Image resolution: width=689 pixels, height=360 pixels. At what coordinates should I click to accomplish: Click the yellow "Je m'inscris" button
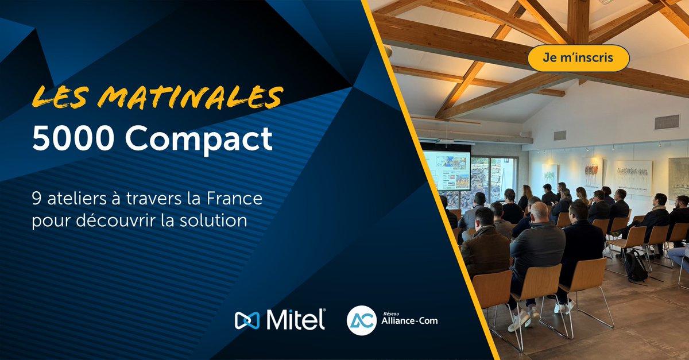(578, 58)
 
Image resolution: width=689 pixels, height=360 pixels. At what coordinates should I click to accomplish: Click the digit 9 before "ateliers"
(38, 201)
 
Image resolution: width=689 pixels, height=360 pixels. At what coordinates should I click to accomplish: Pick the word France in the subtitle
(238, 201)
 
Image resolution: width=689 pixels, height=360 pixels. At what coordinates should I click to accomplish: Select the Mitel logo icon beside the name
(247, 320)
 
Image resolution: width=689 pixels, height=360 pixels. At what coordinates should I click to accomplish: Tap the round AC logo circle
(362, 320)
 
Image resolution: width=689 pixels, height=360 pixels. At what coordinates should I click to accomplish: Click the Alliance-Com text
(409, 321)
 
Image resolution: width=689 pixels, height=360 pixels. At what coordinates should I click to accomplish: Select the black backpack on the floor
(636, 266)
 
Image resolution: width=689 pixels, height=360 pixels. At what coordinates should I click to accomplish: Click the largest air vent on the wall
(667, 122)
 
